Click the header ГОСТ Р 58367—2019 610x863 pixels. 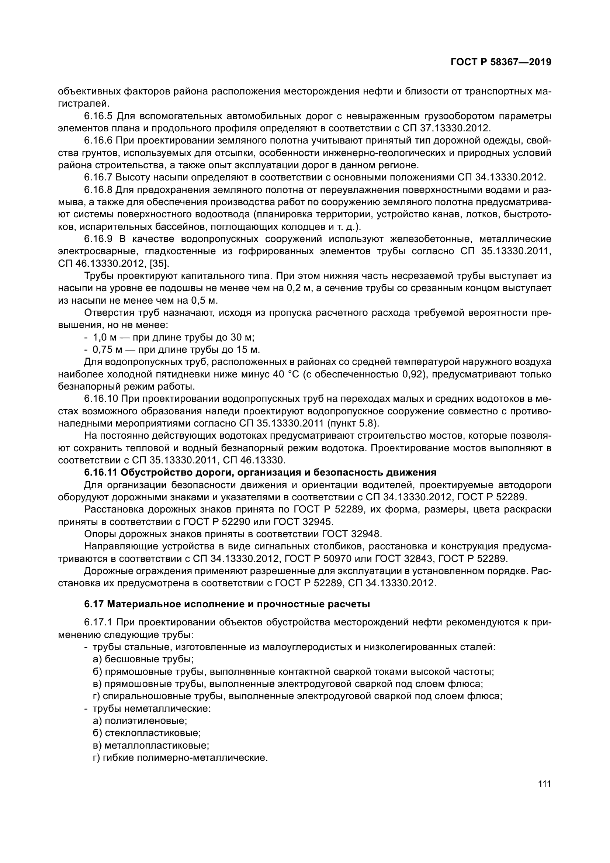click(x=501, y=62)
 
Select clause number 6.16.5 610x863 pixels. click(x=98, y=116)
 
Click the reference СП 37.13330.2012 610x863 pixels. click(x=446, y=128)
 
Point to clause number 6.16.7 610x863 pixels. click(x=98, y=177)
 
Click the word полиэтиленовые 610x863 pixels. click(x=146, y=721)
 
